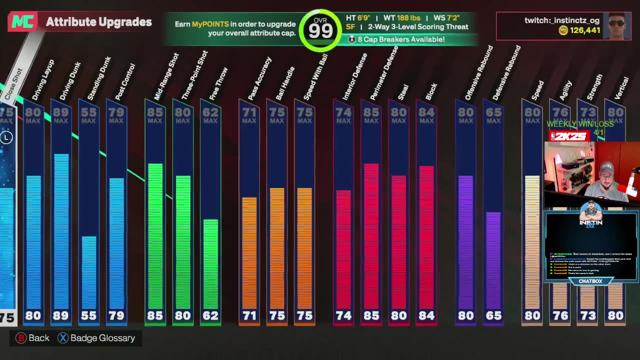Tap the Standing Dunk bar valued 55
coord(89,272)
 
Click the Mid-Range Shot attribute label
coord(166,75)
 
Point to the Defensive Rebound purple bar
coord(493,260)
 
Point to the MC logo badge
coord(22,21)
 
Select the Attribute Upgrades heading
coord(98,22)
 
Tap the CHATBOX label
coord(590,281)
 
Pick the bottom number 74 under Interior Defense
coord(343,315)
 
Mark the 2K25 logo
coord(568,136)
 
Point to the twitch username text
coord(561,20)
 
